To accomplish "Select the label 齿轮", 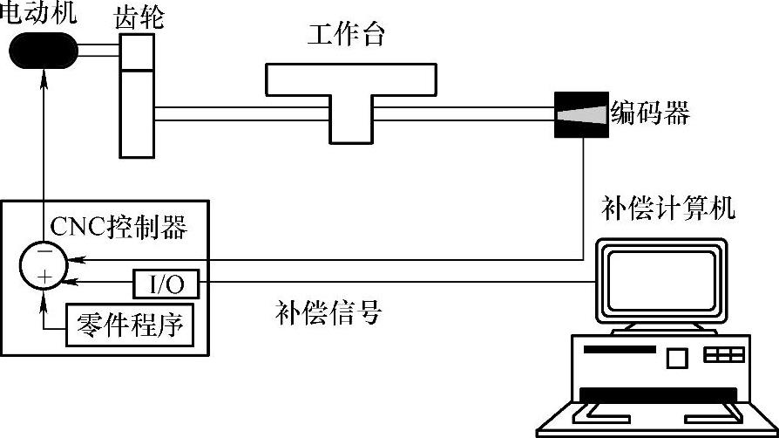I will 139,17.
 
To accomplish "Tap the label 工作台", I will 346,35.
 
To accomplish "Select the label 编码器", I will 649,113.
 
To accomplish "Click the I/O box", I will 166,283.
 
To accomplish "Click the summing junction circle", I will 41,265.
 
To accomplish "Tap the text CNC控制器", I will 119,228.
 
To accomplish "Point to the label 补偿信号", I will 329,311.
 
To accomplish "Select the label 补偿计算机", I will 668,209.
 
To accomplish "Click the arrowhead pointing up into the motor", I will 41,81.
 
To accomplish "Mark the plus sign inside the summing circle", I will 45,277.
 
